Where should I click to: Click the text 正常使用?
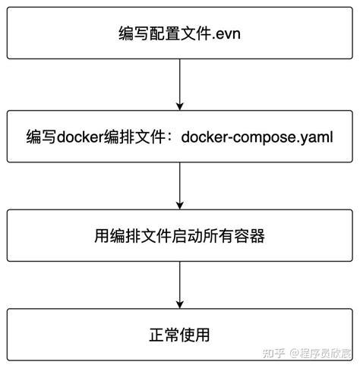(179, 334)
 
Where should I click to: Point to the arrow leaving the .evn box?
(179, 83)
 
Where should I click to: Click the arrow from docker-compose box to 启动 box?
(179, 182)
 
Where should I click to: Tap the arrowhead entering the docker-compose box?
(179, 105)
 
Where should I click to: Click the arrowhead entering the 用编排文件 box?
(179, 204)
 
